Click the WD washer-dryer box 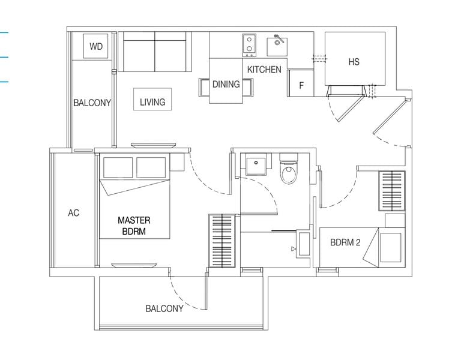click(x=96, y=46)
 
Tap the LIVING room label click(x=152, y=102)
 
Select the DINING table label click(x=226, y=84)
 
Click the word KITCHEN click(x=264, y=70)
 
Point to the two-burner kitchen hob click(x=250, y=45)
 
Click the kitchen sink click(x=277, y=46)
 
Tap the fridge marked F click(x=301, y=83)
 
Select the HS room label click(x=354, y=62)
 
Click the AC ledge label click(x=74, y=213)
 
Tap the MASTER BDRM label click(x=134, y=226)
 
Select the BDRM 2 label click(x=345, y=242)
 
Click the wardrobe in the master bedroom click(x=222, y=241)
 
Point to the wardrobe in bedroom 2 click(x=392, y=191)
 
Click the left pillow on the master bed click(x=118, y=167)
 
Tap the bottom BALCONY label click(x=164, y=308)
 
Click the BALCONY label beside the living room click(x=92, y=103)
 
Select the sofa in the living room click(x=155, y=52)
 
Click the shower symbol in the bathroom click(x=294, y=249)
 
